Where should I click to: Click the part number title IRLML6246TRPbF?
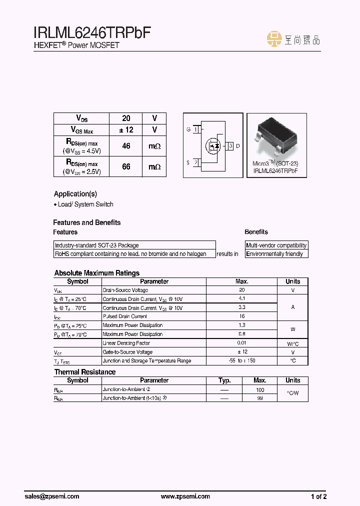92,33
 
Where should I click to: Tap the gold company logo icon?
274,39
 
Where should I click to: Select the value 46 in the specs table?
126,146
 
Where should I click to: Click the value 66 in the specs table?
126,166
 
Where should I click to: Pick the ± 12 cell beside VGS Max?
126,129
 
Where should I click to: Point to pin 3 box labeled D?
230,146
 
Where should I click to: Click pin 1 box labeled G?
196,129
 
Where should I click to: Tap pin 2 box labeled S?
196,162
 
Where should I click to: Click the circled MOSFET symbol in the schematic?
213,146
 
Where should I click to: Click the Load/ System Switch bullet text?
83,204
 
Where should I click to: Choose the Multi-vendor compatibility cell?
276,245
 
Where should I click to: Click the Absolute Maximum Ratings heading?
96,273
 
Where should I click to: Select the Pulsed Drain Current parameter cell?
125,316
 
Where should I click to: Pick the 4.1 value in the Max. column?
241,298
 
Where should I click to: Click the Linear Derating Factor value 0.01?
241,343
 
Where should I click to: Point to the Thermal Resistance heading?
84,372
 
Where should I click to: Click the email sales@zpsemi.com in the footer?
52,496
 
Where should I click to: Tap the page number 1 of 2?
318,496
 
